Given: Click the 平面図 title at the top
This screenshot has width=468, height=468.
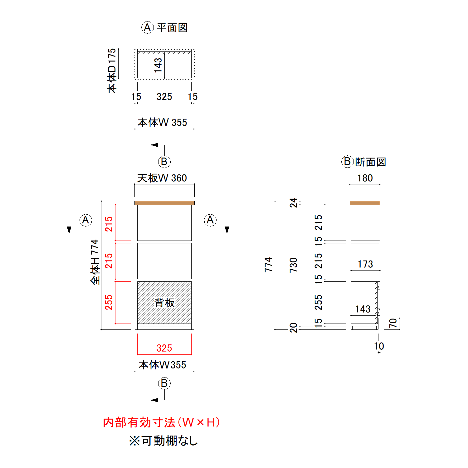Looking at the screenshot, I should pos(172,28).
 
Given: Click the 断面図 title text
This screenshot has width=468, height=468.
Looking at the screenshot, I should pos(370,162).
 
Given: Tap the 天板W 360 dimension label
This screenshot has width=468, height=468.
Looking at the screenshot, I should pos(162,178).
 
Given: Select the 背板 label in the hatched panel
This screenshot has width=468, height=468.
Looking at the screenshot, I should pos(164,303).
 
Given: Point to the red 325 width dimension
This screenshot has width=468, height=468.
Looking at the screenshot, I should pos(164,348).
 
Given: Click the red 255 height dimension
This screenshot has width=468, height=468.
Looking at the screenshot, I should pos(109,302).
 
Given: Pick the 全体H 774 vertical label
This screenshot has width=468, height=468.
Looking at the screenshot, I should pos(95,262).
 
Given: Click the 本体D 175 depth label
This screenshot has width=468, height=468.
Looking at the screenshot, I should pos(111,71).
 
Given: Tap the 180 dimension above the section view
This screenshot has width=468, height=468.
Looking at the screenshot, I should pos(365,178).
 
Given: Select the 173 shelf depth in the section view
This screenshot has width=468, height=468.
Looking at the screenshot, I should pos(365,264).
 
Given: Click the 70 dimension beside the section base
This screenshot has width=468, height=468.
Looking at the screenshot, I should pos(393,323).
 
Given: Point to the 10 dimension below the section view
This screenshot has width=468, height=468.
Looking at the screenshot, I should pos(379,346).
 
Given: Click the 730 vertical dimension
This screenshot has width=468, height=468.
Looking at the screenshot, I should pos(293,265).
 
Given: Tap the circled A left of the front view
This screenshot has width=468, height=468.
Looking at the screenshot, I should pos(85,220).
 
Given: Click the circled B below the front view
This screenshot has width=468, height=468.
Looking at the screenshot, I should pos(164,383).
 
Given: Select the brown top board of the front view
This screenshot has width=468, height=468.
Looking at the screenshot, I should pos(164,203).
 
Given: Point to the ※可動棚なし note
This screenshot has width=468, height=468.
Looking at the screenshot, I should pos(164,441).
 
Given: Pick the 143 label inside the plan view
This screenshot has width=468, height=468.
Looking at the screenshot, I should pos(158,65).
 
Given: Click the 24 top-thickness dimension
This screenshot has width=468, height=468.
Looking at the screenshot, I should pos(293,202).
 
